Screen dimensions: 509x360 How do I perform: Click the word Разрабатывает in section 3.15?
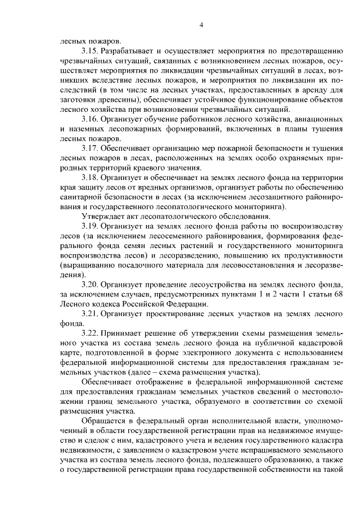click(130, 51)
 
